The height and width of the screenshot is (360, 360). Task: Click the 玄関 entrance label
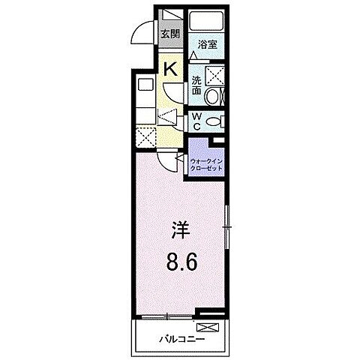click(x=169, y=33)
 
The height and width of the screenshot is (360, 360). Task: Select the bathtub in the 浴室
click(x=207, y=21)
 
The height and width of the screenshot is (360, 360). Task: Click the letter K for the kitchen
click(x=170, y=70)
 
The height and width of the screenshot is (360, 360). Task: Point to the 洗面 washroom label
click(x=195, y=85)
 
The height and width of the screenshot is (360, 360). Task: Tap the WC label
click(x=195, y=121)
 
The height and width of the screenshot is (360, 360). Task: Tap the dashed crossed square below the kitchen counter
click(x=146, y=138)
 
